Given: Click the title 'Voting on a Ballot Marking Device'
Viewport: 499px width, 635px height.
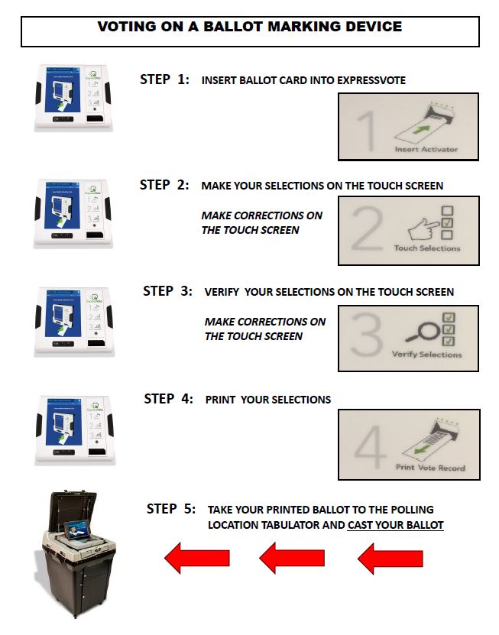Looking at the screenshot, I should (x=249, y=27).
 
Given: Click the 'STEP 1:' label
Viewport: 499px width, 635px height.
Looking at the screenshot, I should (x=164, y=79).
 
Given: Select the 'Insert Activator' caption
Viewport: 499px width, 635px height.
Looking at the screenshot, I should (x=426, y=149).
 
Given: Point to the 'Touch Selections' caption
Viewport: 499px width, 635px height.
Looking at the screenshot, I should (x=427, y=248).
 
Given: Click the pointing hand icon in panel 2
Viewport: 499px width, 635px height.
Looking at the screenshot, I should (x=416, y=228).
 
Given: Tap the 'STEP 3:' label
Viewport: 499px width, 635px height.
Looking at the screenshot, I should (x=167, y=291).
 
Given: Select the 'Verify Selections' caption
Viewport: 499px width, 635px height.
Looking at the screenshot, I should (x=426, y=355).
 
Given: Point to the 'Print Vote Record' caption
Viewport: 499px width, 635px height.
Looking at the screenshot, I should (x=429, y=467).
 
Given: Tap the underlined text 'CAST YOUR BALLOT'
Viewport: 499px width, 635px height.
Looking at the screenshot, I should (x=395, y=525).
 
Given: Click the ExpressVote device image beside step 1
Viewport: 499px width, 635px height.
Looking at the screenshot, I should (x=73, y=97).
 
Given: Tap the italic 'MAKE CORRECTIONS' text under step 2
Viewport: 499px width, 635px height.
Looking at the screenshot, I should (x=261, y=222).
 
